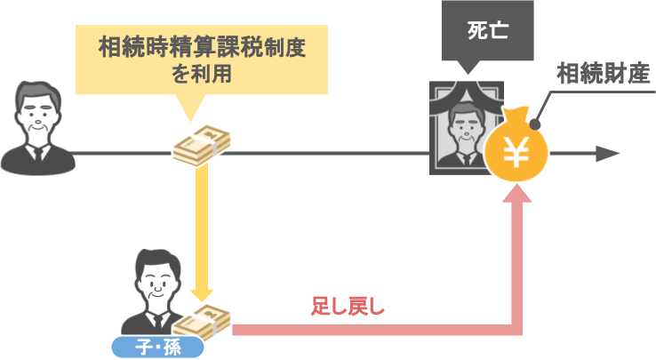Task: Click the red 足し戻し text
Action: tap(348, 308)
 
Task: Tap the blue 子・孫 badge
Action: tap(157, 347)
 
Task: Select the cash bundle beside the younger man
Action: tap(207, 322)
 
